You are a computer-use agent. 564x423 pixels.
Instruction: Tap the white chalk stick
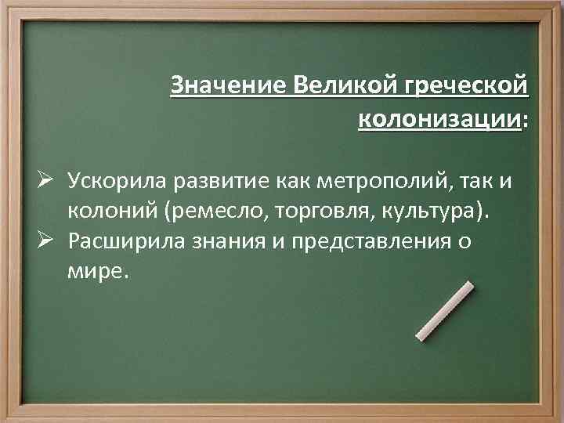(443, 311)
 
